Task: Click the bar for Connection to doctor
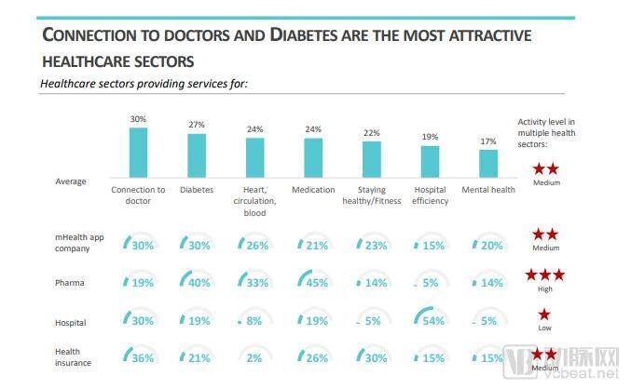(138, 152)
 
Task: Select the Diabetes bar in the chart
(197, 155)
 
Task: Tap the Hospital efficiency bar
(430, 161)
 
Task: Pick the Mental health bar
(488, 163)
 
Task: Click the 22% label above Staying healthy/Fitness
(371, 132)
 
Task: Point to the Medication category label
(313, 190)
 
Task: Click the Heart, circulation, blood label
(254, 200)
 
